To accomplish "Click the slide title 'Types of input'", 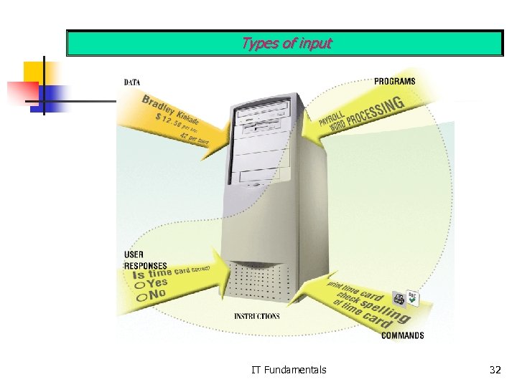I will (287, 43).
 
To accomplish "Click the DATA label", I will (132, 82).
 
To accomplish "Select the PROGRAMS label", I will (394, 81).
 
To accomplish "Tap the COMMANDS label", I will (402, 335).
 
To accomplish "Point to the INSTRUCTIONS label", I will (257, 316).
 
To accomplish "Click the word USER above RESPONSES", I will (134, 254).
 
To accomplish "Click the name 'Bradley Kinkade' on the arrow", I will (170, 110).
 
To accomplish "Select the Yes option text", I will (158, 282).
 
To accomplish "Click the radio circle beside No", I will (139, 296).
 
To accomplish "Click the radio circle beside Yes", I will (139, 285).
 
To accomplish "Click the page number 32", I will (495, 370).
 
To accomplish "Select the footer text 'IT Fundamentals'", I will (289, 370).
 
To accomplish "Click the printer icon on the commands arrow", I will (399, 299).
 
